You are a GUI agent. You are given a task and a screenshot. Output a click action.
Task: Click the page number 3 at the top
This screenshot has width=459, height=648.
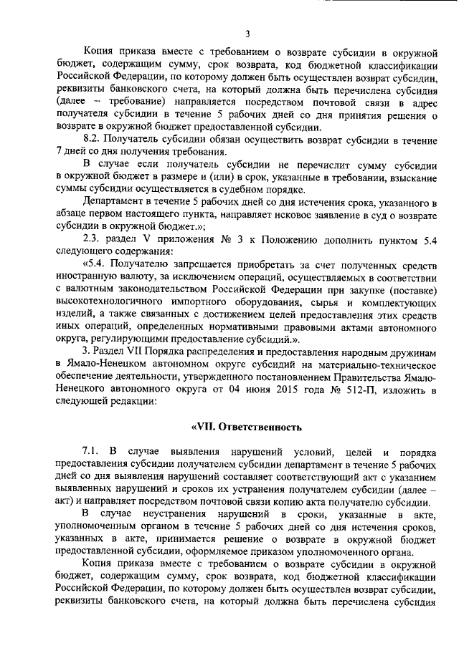click(x=246, y=34)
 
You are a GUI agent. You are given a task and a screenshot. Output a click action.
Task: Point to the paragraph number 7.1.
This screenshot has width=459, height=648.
click(x=93, y=451)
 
